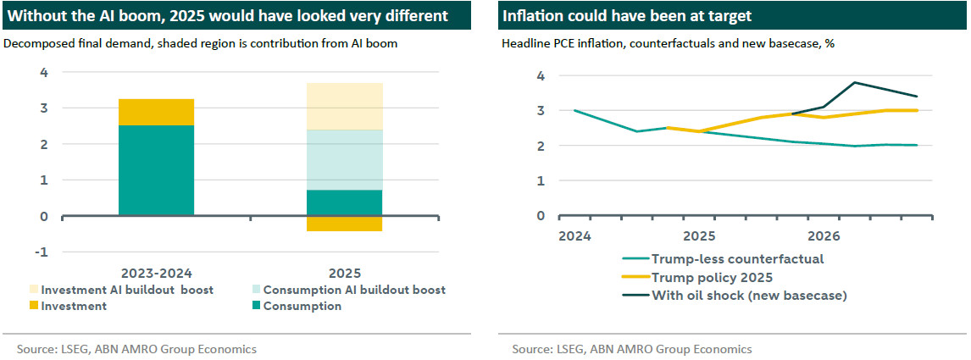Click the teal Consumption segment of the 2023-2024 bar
(x=156, y=170)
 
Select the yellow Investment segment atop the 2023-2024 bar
(x=156, y=112)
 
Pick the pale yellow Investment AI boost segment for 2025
(x=345, y=106)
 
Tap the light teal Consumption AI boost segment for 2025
(x=345, y=160)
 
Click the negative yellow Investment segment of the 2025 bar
(x=345, y=224)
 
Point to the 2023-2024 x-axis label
(x=155, y=273)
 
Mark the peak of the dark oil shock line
(x=854, y=82)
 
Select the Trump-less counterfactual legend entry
(x=736, y=259)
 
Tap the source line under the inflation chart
(x=631, y=349)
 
